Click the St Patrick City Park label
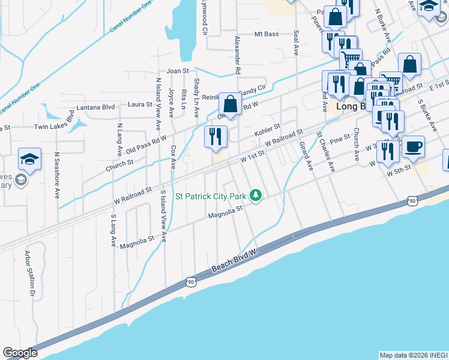pyautogui.click(x=211, y=196)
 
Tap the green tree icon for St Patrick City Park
pyautogui.click(x=256, y=196)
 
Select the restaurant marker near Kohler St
pyautogui.click(x=215, y=137)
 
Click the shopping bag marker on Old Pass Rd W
pyautogui.click(x=230, y=104)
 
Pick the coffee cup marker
pyautogui.click(x=412, y=147)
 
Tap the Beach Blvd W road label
pyautogui.click(x=235, y=263)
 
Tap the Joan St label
pyautogui.click(x=178, y=71)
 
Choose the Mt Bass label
pyautogui.click(x=267, y=34)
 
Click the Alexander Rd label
pyautogui.click(x=238, y=54)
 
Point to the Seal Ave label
pyautogui.click(x=296, y=43)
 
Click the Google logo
pyautogui.click(x=20, y=353)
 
